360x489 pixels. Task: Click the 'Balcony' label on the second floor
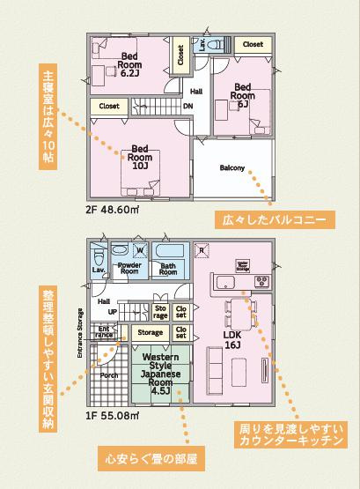tap(232, 168)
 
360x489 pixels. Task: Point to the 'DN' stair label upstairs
tap(188, 107)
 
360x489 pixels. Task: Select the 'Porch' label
tap(109, 374)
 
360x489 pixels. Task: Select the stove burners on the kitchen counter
tap(261, 256)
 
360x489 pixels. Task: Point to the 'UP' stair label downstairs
tap(112, 311)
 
